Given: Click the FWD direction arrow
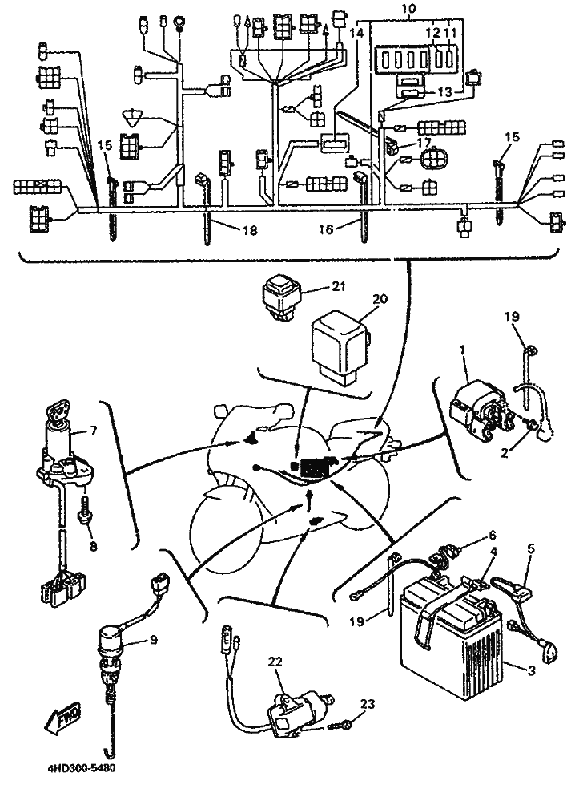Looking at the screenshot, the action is (x=62, y=718).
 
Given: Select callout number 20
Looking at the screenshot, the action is (x=380, y=299).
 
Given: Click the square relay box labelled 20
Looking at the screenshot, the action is (x=340, y=347).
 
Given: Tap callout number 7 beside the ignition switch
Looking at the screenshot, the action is (x=93, y=431).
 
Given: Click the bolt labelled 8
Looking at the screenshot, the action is (x=84, y=512).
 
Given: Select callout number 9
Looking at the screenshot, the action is (x=153, y=640).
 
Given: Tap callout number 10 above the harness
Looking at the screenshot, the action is (x=410, y=9).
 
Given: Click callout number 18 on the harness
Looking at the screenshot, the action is (x=250, y=230).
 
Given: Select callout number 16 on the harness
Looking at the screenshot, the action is (x=326, y=229).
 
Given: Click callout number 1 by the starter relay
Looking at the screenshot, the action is (x=463, y=350).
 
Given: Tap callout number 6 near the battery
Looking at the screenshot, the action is (x=492, y=535).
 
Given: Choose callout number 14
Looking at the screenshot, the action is (x=356, y=34).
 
